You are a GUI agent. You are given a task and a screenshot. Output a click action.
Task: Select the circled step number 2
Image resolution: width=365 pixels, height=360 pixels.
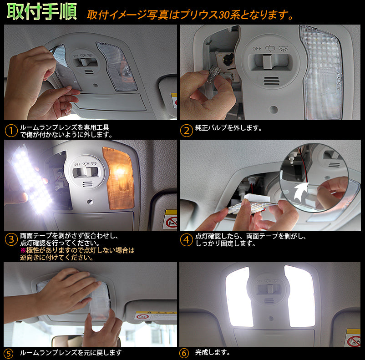tap(186, 131)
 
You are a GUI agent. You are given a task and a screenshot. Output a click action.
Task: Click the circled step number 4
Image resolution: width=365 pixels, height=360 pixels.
tap(186, 240)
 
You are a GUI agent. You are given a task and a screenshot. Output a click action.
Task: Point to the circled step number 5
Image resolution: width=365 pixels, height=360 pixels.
tap(9, 353)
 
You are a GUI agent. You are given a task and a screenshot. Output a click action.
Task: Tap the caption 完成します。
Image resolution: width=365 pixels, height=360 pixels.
tap(213, 352)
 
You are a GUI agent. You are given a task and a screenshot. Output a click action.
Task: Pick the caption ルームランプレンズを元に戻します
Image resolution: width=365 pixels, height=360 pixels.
tap(71, 352)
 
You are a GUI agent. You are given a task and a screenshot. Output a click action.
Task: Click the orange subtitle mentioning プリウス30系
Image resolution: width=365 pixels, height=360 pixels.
tap(190, 15)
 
